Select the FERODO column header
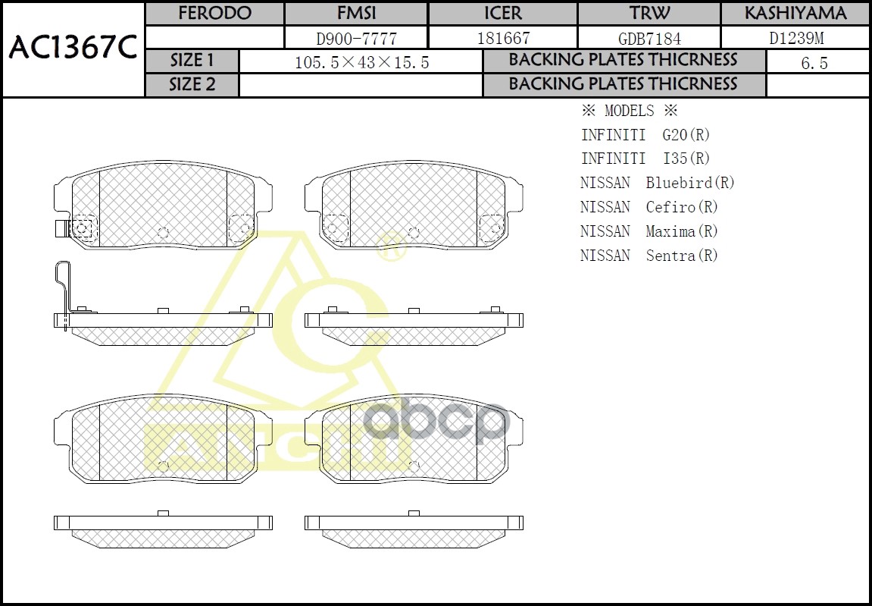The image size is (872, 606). (x=214, y=14)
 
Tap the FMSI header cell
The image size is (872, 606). (x=355, y=14)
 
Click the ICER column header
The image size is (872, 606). (x=502, y=14)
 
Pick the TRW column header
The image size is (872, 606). (x=649, y=14)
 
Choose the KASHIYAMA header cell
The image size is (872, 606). (x=795, y=14)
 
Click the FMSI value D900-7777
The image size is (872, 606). (x=355, y=38)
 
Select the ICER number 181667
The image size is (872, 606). (x=502, y=38)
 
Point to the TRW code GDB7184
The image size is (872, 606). (x=649, y=38)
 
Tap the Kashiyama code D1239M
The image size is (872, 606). (x=795, y=38)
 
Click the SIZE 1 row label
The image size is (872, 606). (x=192, y=61)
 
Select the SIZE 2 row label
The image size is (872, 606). (x=192, y=84)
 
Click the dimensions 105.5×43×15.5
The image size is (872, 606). (x=361, y=62)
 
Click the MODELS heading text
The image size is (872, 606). (x=629, y=111)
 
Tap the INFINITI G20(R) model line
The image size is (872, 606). (x=645, y=135)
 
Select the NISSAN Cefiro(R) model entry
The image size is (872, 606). (x=649, y=207)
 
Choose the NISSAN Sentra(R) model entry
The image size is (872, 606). (x=649, y=256)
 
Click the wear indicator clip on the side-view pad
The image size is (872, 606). (x=64, y=292)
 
